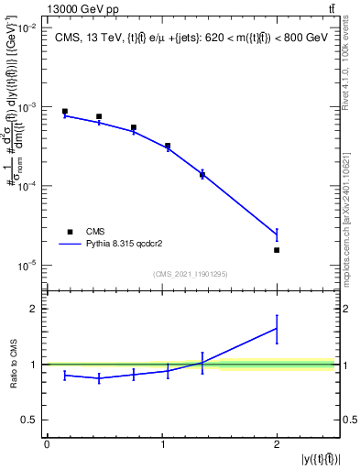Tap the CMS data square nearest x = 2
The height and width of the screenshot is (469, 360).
click(x=277, y=250)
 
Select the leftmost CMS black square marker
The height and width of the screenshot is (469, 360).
click(x=64, y=111)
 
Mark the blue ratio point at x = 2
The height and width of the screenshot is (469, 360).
click(x=277, y=328)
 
